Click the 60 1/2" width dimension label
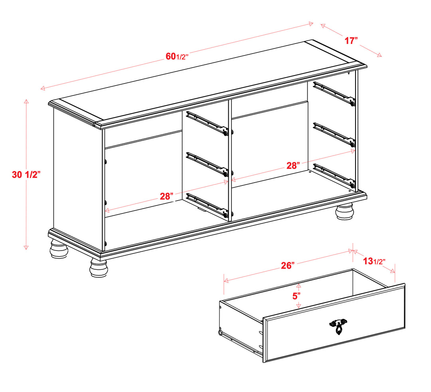177,56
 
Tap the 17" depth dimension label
351,41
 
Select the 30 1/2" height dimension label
26,175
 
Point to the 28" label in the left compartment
166,196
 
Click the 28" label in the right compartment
293,165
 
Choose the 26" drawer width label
287,265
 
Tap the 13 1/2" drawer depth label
374,261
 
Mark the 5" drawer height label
296,296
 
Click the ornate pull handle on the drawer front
338,326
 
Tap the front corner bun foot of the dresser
99,267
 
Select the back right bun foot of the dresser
344,211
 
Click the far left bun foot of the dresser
59,248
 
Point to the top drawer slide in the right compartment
334,94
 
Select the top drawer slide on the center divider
207,123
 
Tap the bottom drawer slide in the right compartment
334,176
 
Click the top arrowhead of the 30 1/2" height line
26,101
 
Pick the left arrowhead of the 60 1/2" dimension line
43,88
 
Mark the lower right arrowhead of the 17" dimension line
380,55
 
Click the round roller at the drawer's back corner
220,332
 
